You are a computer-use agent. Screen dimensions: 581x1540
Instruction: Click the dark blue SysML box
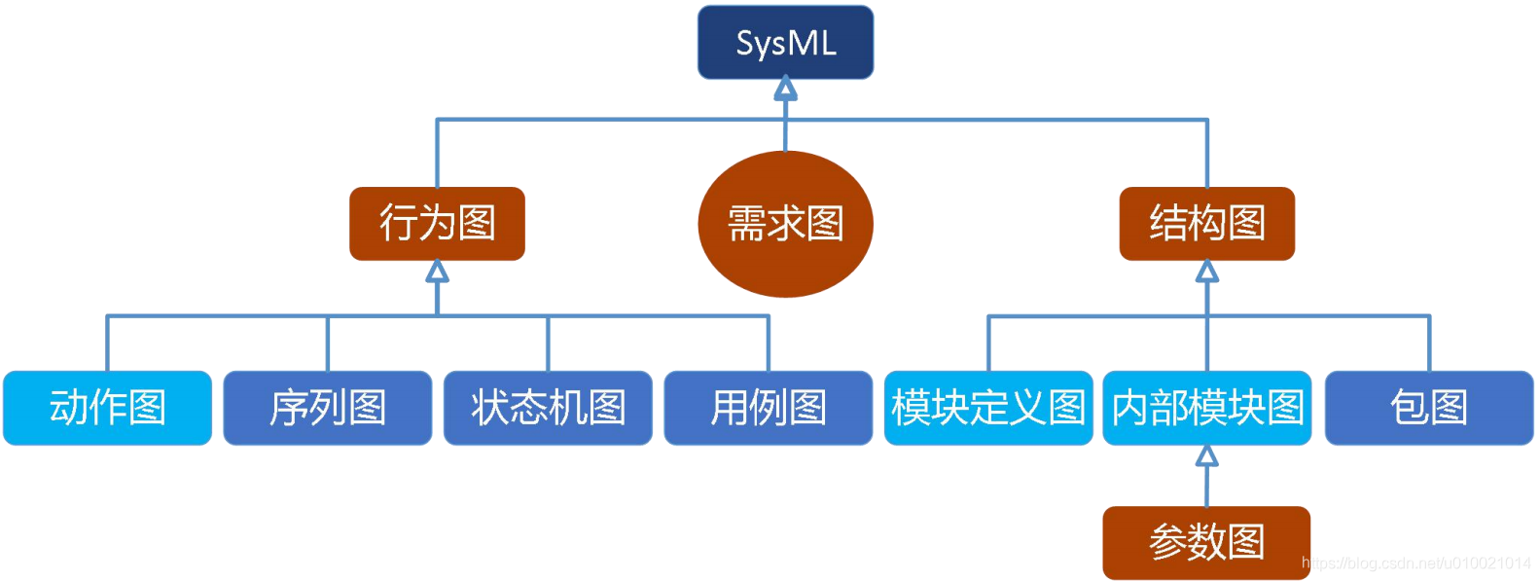tap(785, 43)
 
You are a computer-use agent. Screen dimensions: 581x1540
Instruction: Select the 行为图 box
tap(437, 224)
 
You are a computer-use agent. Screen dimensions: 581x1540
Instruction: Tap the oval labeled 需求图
tap(785, 224)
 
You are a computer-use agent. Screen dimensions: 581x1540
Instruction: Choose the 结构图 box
tap(1206, 224)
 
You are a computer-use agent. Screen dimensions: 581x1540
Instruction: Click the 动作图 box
tap(107, 408)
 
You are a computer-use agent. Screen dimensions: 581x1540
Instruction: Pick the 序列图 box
tap(328, 408)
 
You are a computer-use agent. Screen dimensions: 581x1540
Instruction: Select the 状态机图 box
tap(548, 408)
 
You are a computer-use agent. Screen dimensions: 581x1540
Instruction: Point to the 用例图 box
tap(769, 408)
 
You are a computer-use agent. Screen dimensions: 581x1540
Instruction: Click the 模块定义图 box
tap(988, 408)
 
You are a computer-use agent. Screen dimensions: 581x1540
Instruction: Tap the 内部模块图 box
tap(1206, 408)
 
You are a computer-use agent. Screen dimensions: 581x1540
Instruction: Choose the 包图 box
tap(1429, 408)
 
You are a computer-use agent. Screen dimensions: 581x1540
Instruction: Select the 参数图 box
tap(1206, 542)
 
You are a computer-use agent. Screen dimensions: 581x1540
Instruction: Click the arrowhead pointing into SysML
tap(785, 90)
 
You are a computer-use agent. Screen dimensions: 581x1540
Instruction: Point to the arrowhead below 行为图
tap(438, 272)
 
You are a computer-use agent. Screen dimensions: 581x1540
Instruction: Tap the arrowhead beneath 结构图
tap(1207, 272)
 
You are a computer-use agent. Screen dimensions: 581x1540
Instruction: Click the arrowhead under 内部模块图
tap(1207, 455)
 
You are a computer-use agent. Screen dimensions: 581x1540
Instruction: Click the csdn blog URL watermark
tap(1415, 563)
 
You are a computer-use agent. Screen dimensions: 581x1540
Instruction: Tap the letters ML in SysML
tap(814, 43)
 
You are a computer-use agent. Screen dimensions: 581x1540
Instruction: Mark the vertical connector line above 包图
tap(1429, 343)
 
